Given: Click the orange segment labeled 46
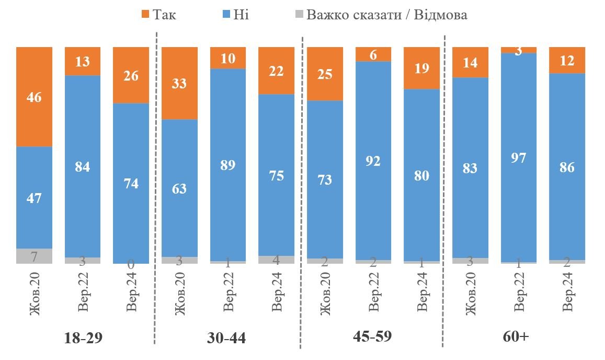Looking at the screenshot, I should point(35,97).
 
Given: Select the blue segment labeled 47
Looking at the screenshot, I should point(35,197).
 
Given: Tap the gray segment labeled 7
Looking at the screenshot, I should point(35,256).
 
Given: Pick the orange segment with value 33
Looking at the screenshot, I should point(180,83).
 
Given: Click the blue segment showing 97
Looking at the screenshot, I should point(519,157).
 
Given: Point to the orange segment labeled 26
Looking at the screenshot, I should point(131,75).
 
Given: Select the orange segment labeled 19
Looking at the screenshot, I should point(422,68).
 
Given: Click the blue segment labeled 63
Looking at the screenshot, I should point(180,188).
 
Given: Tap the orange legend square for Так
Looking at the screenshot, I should point(146,14).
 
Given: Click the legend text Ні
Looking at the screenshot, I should point(241,14).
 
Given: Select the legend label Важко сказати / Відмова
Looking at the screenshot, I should point(386,14).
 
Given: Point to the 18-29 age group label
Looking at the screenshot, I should point(83,338).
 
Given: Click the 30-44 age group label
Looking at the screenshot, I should point(226,338).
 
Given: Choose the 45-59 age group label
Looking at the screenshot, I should point(373,336).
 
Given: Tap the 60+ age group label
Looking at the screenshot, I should point(517,336).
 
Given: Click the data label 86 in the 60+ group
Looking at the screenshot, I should point(567,167).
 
